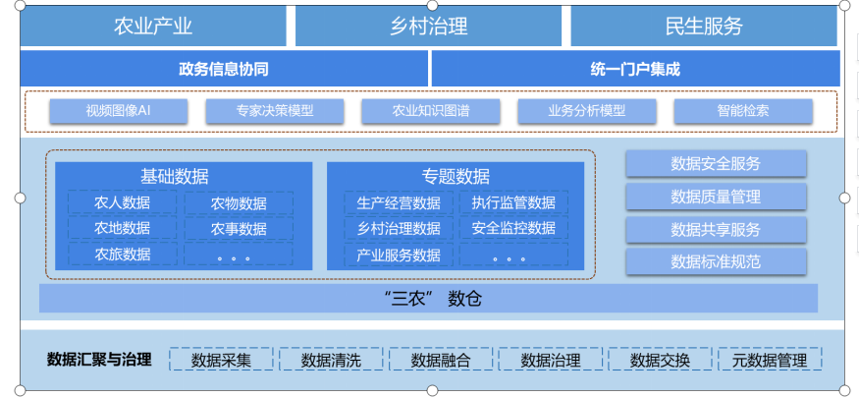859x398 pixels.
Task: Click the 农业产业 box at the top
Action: click(153, 27)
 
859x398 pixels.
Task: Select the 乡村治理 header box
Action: click(428, 27)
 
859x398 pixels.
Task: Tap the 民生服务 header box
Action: click(704, 27)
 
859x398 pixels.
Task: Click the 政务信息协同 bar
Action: click(224, 69)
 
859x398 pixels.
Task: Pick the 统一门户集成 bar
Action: click(635, 69)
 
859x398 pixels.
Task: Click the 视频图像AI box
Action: click(118, 111)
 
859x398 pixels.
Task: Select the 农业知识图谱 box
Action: click(430, 111)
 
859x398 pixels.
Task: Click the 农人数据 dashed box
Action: click(123, 203)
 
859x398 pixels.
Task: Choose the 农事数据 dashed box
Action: click(239, 229)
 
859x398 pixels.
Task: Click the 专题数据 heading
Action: click(456, 177)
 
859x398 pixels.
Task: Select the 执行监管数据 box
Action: click(513, 203)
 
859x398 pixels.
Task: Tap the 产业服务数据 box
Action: click(399, 255)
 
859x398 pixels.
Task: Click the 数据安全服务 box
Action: click(716, 163)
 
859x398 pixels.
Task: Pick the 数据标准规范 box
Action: click(716, 261)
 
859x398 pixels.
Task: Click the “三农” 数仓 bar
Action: click(428, 298)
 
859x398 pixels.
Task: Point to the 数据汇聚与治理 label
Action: click(99, 359)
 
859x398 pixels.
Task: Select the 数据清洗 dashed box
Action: click(331, 360)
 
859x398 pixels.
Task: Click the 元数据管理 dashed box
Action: click(770, 360)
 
